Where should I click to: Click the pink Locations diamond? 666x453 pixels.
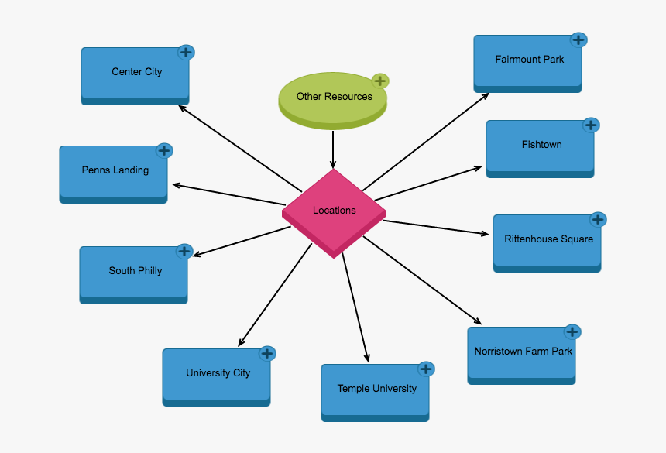(334, 211)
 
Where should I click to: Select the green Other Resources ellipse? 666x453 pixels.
(333, 98)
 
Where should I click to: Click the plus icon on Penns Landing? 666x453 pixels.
(164, 150)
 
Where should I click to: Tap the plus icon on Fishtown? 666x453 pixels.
(591, 125)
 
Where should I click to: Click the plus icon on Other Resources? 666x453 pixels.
(379, 81)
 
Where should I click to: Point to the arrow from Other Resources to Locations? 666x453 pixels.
(333, 149)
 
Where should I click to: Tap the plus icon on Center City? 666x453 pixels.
(186, 52)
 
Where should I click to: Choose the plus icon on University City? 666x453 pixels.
(267, 353)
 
